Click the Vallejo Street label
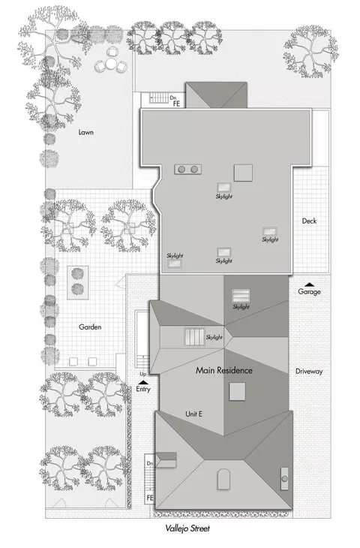point(187,528)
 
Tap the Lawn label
point(86,132)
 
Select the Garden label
point(90,327)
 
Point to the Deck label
point(309,221)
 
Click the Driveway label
point(309,371)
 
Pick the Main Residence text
point(223,370)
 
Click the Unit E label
point(193,414)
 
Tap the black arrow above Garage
point(309,285)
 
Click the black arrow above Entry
point(142,383)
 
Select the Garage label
point(309,291)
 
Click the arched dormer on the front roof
point(223,479)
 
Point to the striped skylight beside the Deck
point(269,231)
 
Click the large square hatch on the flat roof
point(243,173)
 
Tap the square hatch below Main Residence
point(237,391)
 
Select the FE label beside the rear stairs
point(176,104)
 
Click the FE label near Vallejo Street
point(150,497)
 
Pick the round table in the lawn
point(111,64)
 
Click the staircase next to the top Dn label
point(159,98)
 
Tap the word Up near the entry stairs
point(143,375)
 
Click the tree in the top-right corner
point(310,51)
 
